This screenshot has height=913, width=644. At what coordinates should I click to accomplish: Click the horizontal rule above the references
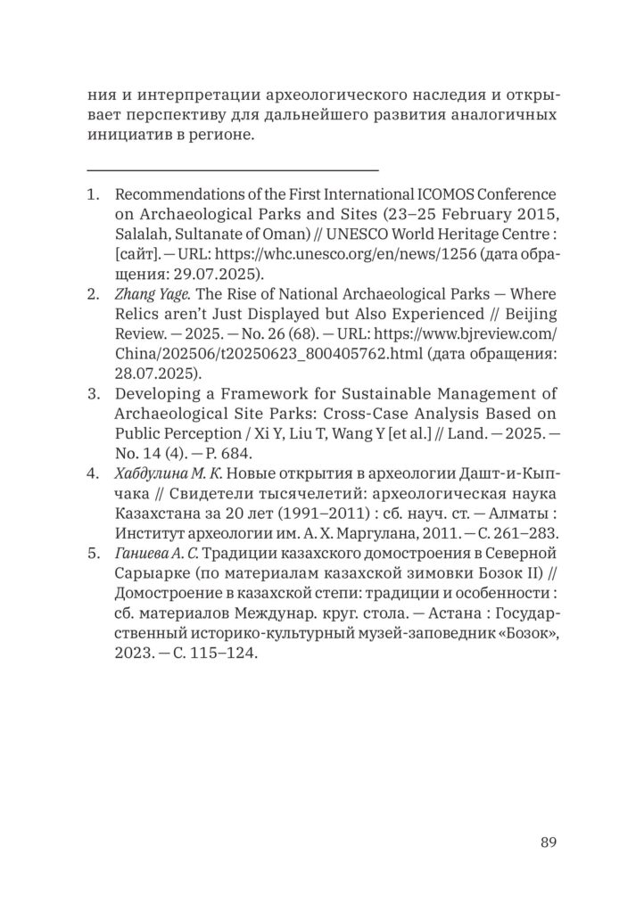pos(233,169)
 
